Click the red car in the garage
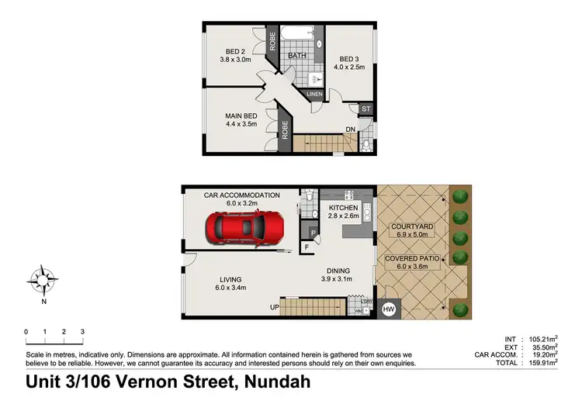tap(245, 228)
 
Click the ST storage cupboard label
tap(365, 109)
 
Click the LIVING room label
tap(230, 279)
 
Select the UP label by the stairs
tap(274, 307)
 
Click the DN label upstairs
tap(350, 130)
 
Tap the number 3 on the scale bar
tap(82, 332)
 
